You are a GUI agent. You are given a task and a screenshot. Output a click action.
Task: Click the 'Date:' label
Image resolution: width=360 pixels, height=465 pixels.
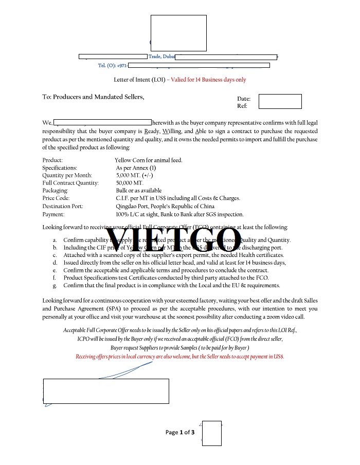[x=244, y=99]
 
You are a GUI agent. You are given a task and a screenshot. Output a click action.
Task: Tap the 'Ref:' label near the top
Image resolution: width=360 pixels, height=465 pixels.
[x=242, y=106]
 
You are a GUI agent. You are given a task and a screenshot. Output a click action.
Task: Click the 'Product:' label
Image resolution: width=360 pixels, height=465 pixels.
[x=52, y=160]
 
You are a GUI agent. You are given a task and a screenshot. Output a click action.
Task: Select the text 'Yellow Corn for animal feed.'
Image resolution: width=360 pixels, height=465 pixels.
[x=149, y=160]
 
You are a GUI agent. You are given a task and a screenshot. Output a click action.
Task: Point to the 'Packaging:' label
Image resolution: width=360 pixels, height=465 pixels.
[x=56, y=191]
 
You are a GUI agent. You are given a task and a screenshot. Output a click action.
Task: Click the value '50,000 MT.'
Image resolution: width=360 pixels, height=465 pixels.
[x=130, y=183]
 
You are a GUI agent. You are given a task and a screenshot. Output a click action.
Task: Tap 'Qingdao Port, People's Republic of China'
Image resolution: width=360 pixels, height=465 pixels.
[x=165, y=206]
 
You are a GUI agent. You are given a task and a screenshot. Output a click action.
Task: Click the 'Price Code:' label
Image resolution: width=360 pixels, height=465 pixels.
[x=56, y=198]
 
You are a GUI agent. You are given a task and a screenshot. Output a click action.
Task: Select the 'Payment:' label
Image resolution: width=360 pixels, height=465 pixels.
[x=53, y=214]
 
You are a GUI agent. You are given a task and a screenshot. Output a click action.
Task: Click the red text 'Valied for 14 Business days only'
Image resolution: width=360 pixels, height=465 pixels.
[x=208, y=80]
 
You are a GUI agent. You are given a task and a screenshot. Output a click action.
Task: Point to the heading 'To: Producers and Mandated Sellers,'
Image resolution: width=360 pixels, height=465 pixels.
[x=93, y=97]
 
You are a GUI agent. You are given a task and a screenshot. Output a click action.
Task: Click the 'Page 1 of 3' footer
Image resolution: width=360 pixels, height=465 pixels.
[x=180, y=433]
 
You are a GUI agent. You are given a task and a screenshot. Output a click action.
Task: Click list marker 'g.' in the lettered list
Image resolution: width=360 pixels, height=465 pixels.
[x=55, y=285]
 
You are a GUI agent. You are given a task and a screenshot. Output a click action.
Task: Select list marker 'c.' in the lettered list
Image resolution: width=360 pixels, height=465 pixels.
[x=55, y=255]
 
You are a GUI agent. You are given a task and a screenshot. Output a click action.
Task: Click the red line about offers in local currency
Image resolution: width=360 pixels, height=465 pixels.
[x=179, y=357]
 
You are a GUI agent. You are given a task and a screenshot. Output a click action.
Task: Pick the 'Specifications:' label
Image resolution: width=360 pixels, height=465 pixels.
[x=60, y=168]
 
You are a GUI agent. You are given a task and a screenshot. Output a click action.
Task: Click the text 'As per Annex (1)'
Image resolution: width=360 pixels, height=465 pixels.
[x=136, y=168]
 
